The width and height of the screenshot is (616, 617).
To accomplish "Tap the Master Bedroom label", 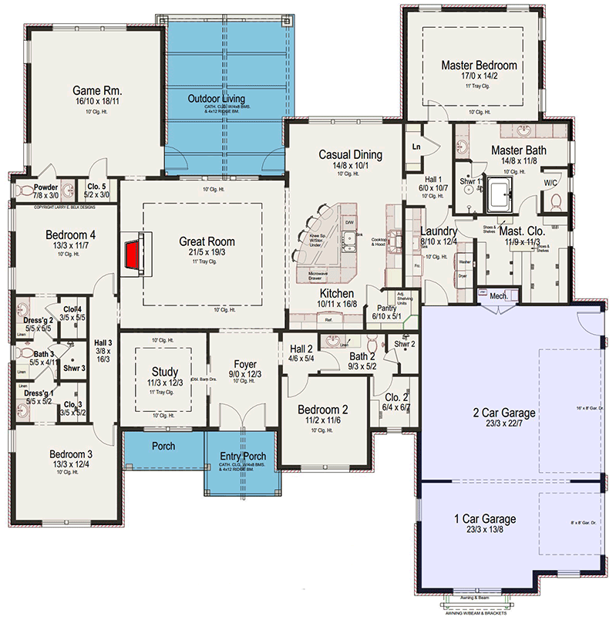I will [x=479, y=66].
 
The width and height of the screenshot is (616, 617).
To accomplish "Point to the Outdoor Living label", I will [x=217, y=99].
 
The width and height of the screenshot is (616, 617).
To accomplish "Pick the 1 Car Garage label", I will [x=486, y=519].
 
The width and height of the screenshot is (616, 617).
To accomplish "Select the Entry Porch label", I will [x=243, y=457].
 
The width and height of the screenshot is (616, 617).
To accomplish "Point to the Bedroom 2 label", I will [x=323, y=410].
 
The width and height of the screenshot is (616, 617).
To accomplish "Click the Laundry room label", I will [x=439, y=231].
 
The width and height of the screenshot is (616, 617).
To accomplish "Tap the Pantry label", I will [x=387, y=286].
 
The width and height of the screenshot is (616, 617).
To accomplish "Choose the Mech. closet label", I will [x=497, y=295].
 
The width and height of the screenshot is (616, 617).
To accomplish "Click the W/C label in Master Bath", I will [x=550, y=183].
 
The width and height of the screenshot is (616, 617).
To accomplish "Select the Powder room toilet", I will [x=25, y=190].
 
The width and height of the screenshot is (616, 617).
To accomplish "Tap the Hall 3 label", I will [x=103, y=343].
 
